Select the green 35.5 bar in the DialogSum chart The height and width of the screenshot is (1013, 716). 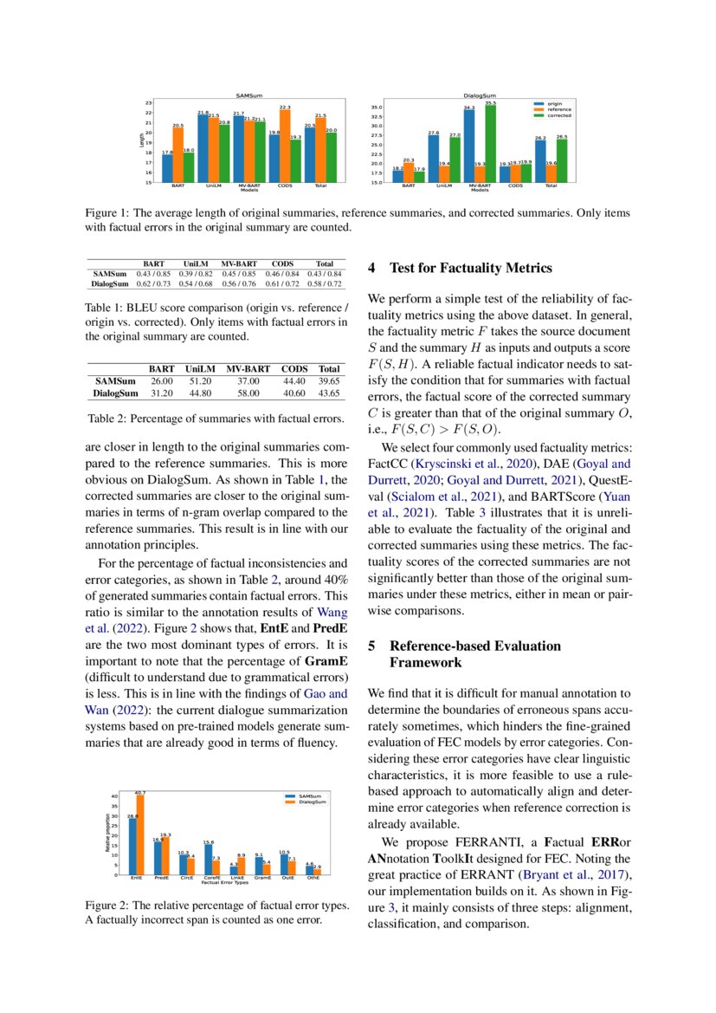(491, 143)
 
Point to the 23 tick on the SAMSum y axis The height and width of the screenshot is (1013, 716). (149, 103)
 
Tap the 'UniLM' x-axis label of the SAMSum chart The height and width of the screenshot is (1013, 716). (213, 186)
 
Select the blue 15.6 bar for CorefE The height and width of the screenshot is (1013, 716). (208, 859)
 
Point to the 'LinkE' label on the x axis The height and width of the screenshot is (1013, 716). (237, 878)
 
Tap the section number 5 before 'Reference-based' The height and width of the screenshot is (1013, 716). (371, 646)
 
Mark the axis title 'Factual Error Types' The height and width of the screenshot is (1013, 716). (224, 883)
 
